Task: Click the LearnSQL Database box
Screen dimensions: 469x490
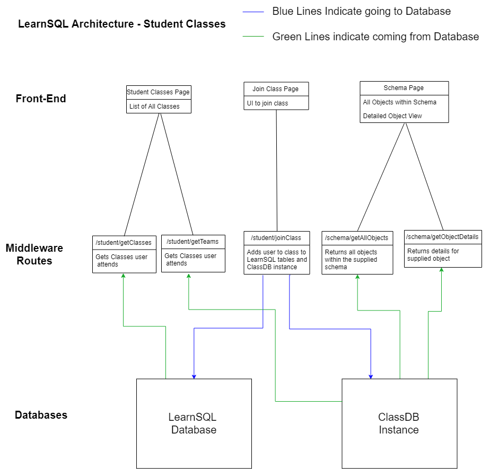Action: pos(194,423)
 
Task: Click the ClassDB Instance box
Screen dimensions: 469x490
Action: pos(399,423)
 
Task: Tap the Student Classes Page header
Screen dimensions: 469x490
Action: pos(159,92)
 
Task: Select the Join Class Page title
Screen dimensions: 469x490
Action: pos(276,89)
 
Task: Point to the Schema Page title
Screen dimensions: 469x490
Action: pos(404,88)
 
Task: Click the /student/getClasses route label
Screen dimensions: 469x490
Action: pos(124,243)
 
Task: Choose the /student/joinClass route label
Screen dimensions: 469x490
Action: pos(276,238)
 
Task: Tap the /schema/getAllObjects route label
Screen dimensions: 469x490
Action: pos(356,238)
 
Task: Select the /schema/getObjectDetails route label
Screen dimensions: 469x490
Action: pos(442,236)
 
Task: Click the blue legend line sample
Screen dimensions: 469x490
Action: pos(253,11)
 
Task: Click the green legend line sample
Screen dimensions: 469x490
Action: pos(253,37)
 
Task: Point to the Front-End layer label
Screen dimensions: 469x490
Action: pos(41,99)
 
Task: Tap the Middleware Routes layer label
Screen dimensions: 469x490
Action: pos(34,254)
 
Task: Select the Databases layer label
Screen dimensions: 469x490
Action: pos(41,415)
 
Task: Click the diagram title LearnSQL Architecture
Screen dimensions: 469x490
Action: pos(121,24)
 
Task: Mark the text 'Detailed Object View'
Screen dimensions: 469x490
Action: pos(392,116)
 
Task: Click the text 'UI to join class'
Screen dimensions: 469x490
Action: pos(268,103)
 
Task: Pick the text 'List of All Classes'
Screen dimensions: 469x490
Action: pos(154,107)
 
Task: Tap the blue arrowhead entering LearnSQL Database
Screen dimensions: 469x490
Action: pos(194,376)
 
